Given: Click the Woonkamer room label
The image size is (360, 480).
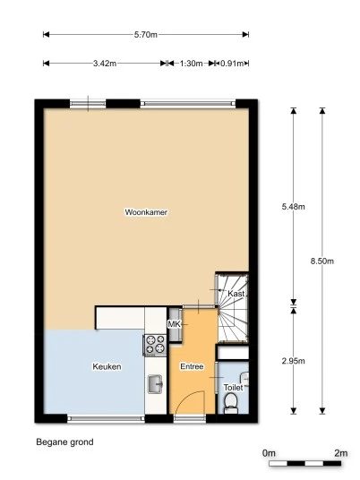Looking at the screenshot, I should pos(147,212).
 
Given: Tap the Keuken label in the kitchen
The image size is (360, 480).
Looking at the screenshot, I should pos(107,366).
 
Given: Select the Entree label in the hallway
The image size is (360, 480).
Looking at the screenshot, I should pos(192,366).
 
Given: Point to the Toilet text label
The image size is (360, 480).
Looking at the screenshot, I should pos(232,388).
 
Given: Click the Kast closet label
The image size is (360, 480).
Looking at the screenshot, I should pos(236,294).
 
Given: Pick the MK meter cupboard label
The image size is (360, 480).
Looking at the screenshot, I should pos(175,323).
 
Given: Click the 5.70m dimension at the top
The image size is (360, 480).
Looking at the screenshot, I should pos(146,35).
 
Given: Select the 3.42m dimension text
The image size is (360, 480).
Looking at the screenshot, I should pos(103,64).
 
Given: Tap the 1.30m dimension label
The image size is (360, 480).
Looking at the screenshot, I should pos(190,64).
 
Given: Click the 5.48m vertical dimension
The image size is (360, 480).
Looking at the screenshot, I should pos(294,207).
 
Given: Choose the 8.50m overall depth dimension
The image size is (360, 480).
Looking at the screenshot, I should pos(321,261).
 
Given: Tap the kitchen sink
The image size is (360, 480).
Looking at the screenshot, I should pos(154,384).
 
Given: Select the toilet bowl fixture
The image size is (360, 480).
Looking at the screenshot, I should pos(231,407).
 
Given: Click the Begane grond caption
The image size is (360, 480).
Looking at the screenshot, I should pos(64,441).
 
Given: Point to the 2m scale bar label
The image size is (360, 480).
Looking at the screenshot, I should pos(339,453).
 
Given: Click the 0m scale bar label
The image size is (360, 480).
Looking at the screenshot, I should pos(269,453).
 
